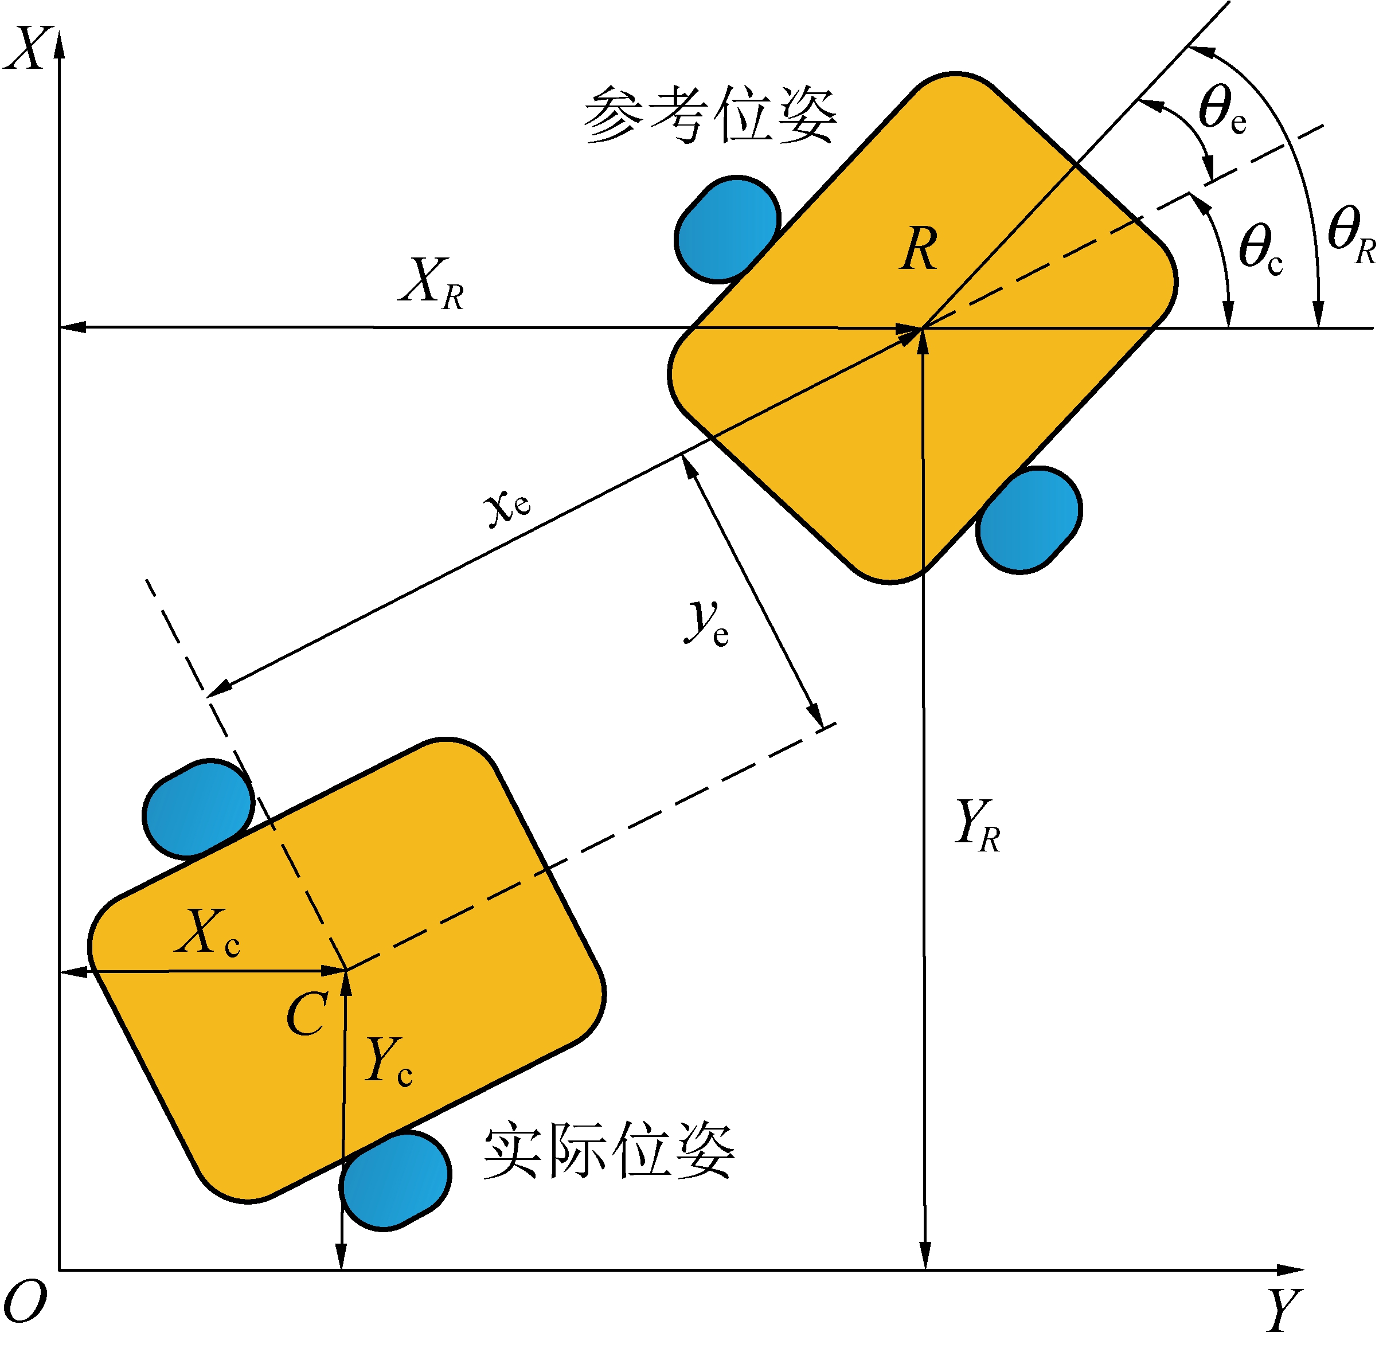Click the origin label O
[26, 1302]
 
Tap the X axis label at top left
[27, 48]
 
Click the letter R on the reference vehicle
[919, 250]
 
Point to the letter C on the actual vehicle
[307, 1014]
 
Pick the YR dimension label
[978, 825]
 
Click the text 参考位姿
[710, 115]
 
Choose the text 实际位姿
[609, 1152]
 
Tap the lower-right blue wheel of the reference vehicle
[1029, 520]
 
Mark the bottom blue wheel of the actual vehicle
[394, 1180]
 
